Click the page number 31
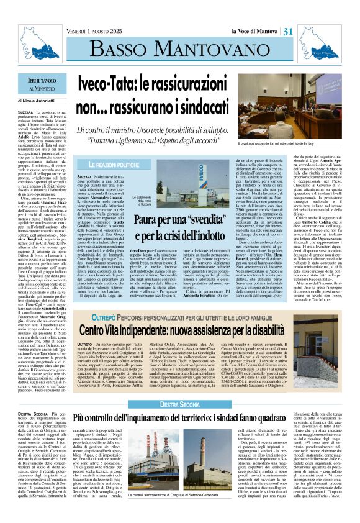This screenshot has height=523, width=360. [340, 14]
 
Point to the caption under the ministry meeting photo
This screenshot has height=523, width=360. [299, 143]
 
